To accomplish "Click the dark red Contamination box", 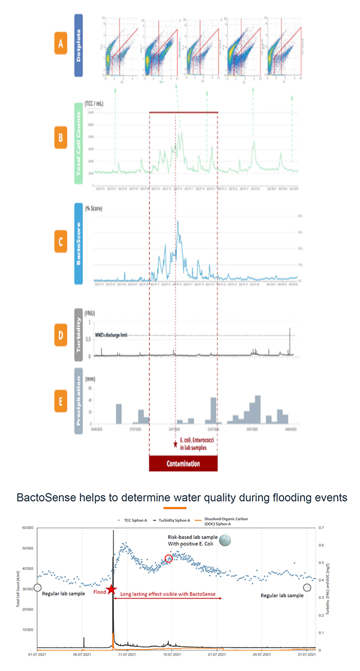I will tap(183, 464).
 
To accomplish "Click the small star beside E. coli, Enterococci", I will tap(175, 445).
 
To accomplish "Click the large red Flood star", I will tap(109, 591).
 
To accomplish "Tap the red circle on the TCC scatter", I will tap(169, 558).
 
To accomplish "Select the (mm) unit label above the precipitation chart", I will tap(94, 380).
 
